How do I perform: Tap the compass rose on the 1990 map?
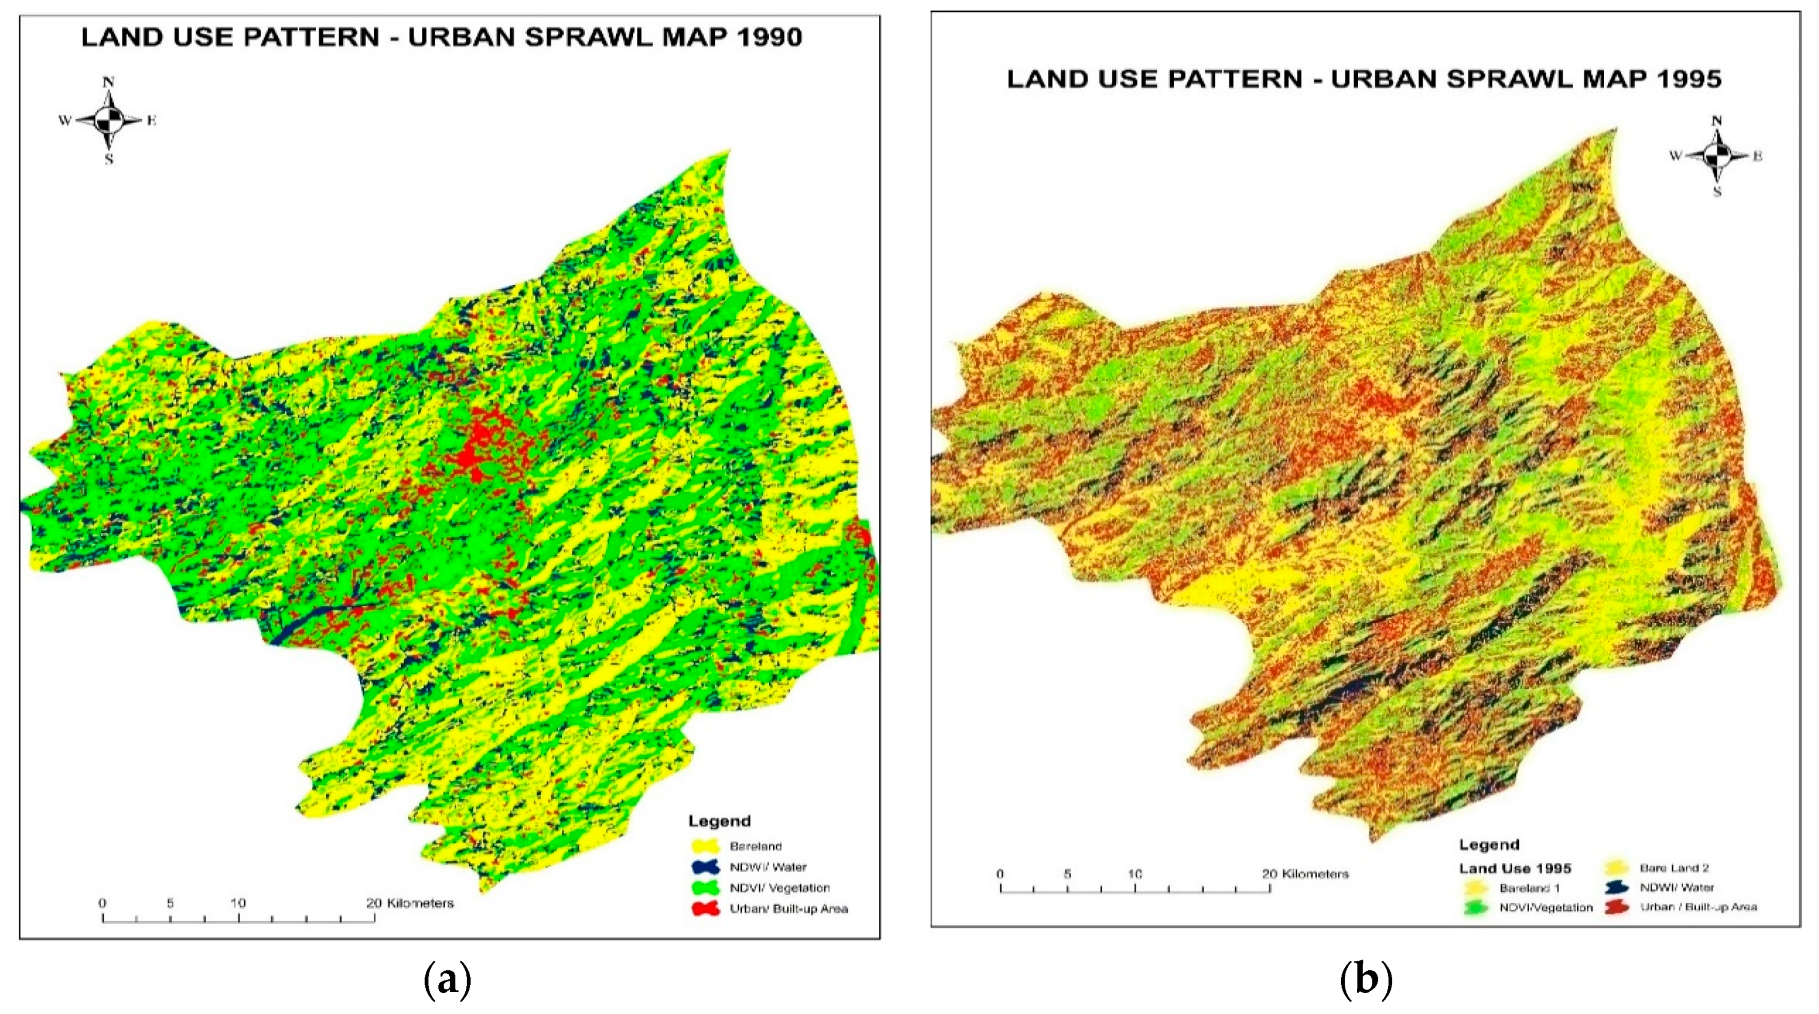[x=109, y=121]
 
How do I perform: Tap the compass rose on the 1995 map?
[x=1717, y=156]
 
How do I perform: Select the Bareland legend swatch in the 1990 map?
[x=705, y=845]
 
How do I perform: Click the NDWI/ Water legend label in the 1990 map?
[x=768, y=866]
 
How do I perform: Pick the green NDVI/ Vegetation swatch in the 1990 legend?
[x=705, y=888]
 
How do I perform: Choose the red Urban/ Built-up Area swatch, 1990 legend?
[x=705, y=909]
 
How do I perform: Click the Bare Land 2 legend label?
[x=1674, y=868]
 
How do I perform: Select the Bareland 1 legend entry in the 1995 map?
[x=1529, y=888]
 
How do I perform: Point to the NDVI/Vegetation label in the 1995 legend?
[x=1546, y=907]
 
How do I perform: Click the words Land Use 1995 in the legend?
[x=1515, y=869]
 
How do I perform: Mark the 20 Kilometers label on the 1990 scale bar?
[x=410, y=903]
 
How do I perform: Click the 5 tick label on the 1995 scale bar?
[x=1067, y=874]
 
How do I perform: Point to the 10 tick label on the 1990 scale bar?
[x=238, y=903]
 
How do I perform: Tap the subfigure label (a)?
[x=447, y=980]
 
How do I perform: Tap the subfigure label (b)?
[x=1366, y=980]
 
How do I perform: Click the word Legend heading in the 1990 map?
[x=719, y=821]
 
